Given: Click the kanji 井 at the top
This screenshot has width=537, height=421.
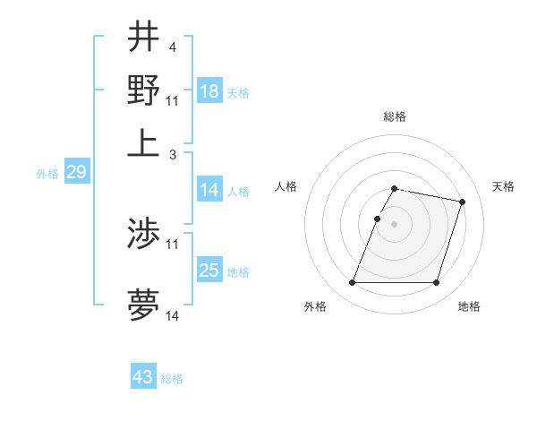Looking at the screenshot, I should pyautogui.click(x=143, y=39).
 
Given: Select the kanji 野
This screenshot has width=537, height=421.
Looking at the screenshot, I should pyautogui.click(x=143, y=90).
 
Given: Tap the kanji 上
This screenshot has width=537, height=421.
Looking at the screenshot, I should pyautogui.click(x=143, y=141).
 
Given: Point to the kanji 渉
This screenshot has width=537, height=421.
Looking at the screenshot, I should pyautogui.click(x=143, y=234).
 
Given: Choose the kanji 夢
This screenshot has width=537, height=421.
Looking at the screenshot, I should pyautogui.click(x=143, y=305).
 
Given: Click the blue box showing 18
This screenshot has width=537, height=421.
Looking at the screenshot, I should pyautogui.click(x=209, y=91).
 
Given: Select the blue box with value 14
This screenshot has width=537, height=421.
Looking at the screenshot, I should pyautogui.click(x=209, y=190).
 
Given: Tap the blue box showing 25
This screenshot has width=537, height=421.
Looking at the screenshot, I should pyautogui.click(x=209, y=271).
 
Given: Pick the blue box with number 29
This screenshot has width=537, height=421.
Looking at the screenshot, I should pyautogui.click(x=76, y=172).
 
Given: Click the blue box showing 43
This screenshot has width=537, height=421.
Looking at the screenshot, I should pyautogui.click(x=143, y=377).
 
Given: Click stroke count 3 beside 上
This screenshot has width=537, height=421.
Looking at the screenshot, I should pyautogui.click(x=173, y=155).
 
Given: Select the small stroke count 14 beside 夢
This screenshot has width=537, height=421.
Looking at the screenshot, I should pyautogui.click(x=173, y=316).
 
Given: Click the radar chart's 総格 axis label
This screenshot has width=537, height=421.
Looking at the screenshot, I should pyautogui.click(x=395, y=117).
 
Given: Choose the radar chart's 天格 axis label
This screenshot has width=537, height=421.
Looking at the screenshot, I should pyautogui.click(x=503, y=186).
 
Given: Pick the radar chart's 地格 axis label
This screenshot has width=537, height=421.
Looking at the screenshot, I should pyautogui.click(x=469, y=307).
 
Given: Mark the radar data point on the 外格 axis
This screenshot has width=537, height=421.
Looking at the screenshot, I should pyautogui.click(x=353, y=283).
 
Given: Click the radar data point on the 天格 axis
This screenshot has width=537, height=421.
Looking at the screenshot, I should pyautogui.click(x=463, y=202).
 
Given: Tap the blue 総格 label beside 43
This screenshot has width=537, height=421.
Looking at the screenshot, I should pyautogui.click(x=172, y=379).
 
